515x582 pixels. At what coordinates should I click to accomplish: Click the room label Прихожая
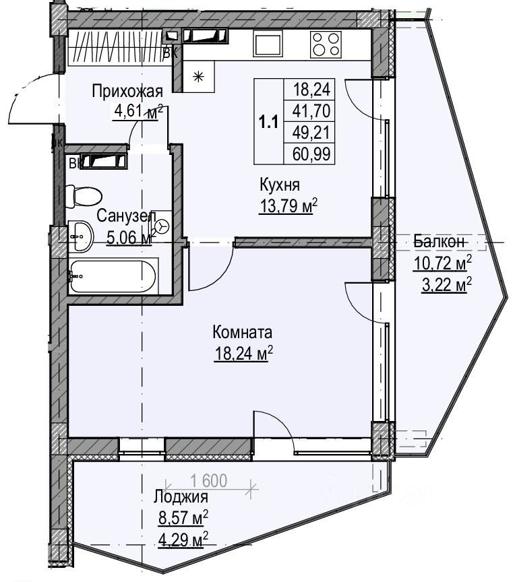127,92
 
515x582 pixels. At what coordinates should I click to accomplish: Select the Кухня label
279,187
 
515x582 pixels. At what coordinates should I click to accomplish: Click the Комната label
242,332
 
